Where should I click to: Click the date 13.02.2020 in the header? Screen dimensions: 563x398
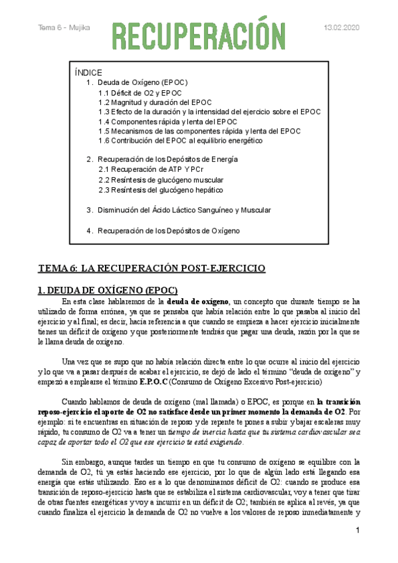(x=341, y=28)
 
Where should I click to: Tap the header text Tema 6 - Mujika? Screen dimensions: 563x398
(x=64, y=28)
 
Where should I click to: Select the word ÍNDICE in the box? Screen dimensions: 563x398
(x=89, y=72)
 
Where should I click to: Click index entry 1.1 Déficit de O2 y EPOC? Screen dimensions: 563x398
(x=139, y=93)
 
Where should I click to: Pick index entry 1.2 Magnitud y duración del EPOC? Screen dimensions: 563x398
(x=154, y=102)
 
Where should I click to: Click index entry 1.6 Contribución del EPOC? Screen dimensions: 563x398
(x=180, y=141)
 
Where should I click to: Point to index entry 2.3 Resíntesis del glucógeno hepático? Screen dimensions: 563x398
(x=160, y=189)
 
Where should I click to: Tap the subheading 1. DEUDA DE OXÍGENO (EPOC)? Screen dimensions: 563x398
(x=108, y=290)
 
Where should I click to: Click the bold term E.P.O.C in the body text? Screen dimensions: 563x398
(x=163, y=383)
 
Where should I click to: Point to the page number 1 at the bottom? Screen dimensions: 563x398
(x=357, y=530)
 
